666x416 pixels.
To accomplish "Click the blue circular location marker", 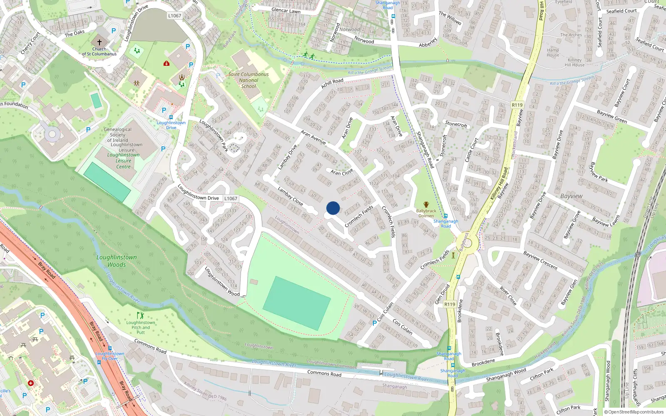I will [x=333, y=208].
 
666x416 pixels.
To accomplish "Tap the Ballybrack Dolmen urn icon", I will [x=426, y=204].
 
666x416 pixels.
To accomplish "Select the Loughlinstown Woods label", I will [x=117, y=261].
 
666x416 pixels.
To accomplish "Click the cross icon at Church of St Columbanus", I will [x=99, y=42].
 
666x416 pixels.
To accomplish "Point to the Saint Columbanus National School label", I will [x=249, y=80].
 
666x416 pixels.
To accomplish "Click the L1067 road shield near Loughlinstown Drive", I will [x=231, y=198].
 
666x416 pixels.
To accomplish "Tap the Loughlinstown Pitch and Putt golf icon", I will [x=140, y=316].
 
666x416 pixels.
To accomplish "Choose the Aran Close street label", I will [x=342, y=172].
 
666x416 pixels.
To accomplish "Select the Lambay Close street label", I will [x=290, y=196].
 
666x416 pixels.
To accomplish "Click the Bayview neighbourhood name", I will [x=571, y=196].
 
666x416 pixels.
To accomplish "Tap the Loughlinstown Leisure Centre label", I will [x=123, y=161].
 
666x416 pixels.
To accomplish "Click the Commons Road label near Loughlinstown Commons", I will [x=324, y=374].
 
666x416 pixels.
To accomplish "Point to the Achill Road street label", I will [x=332, y=83].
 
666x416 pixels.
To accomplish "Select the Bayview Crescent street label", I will [x=540, y=260].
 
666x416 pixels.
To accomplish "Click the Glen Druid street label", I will [x=442, y=294].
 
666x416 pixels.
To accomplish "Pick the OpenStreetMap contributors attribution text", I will [x=636, y=412].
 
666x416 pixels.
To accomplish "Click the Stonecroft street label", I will [x=456, y=124].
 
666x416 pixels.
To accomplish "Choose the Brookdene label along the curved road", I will [x=483, y=362].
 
